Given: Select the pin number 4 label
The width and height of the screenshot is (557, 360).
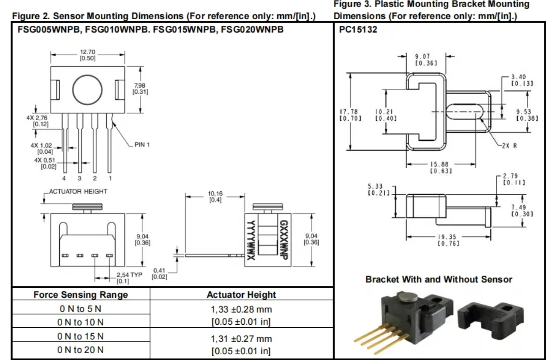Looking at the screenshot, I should click(64, 178).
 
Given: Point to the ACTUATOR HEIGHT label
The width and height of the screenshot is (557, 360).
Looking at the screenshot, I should click(78, 191).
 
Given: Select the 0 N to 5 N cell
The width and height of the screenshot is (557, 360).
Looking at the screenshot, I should click(81, 309).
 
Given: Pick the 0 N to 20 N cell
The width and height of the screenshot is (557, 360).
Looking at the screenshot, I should click(81, 350).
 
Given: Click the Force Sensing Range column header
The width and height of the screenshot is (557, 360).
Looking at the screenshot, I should click(81, 295).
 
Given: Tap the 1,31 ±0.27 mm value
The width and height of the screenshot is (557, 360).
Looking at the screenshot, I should click(241, 339).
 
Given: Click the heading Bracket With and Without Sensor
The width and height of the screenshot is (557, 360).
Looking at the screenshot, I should click(438, 279).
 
